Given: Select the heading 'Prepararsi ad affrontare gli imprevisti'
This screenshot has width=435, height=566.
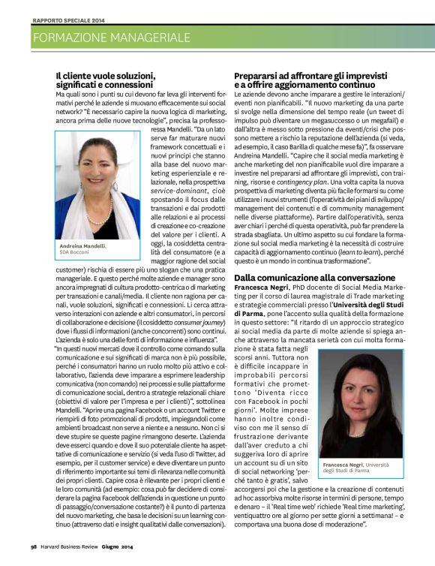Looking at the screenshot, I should tap(310, 75).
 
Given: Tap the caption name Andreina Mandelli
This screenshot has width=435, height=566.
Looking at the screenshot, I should tap(82, 245).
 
